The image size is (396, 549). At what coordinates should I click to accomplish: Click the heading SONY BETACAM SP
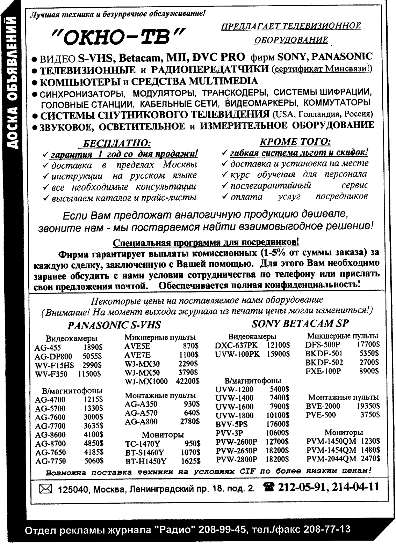(x=300, y=324)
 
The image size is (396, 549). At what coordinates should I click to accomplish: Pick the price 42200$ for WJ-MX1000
(x=188, y=381)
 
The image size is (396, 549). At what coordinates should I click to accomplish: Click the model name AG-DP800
(x=53, y=356)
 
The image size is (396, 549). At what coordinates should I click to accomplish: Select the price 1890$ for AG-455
(x=92, y=348)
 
